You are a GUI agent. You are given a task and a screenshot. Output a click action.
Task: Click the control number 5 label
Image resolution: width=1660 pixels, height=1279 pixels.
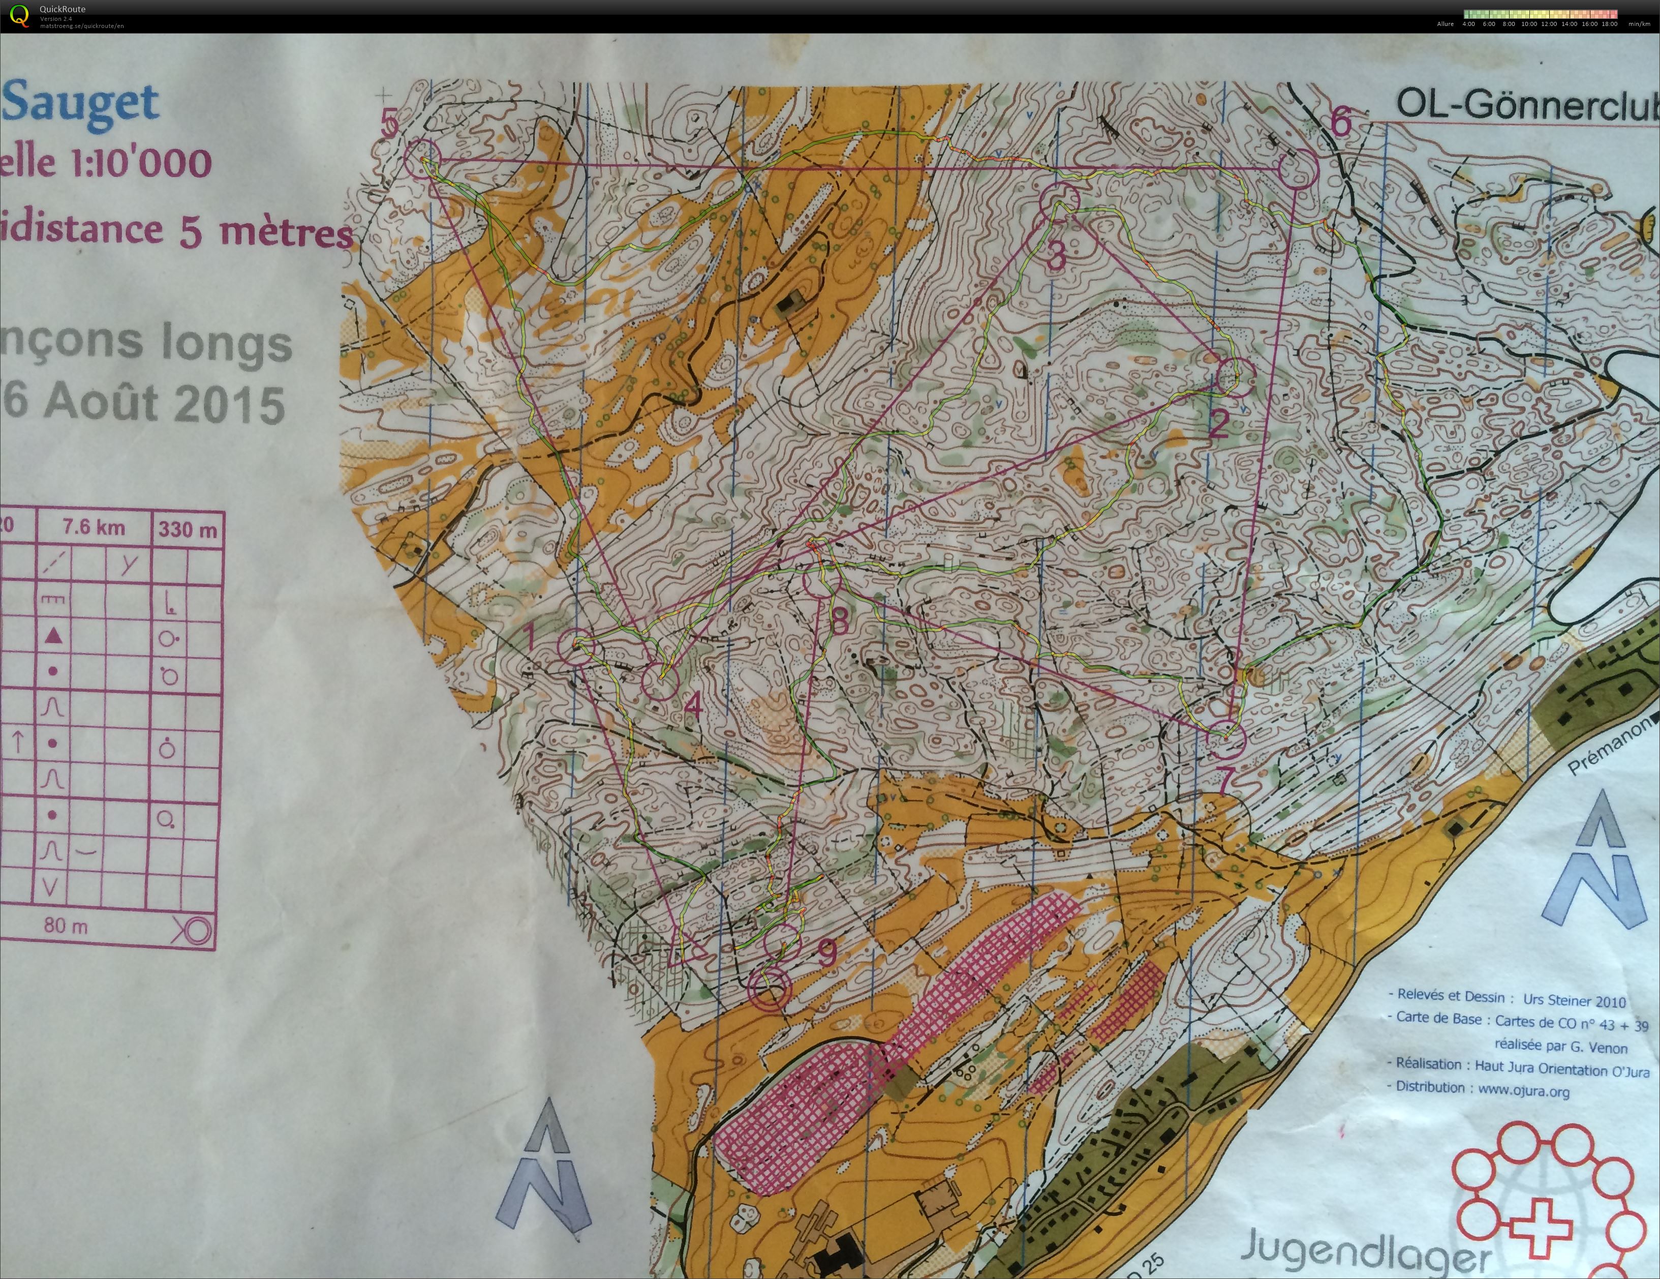coord(390,123)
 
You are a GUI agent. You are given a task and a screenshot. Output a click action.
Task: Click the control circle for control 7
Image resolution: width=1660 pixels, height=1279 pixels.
coord(1225,738)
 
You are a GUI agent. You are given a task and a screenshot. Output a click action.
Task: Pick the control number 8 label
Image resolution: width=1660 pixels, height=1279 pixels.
coord(839,621)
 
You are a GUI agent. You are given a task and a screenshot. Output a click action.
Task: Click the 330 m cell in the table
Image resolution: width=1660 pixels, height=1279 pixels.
coord(188,529)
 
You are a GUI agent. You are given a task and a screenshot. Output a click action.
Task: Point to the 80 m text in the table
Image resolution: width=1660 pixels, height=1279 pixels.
coord(66,926)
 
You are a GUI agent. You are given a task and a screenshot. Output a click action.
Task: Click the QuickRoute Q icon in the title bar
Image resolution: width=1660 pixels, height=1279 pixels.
coord(20,15)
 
